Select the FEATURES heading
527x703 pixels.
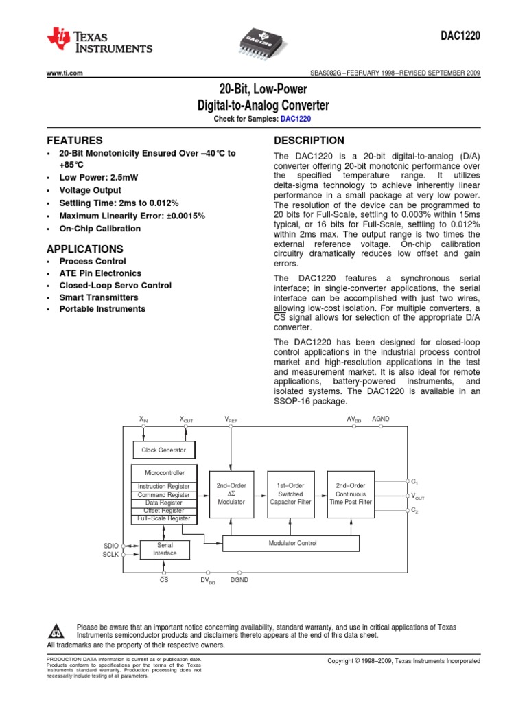click(x=74, y=140)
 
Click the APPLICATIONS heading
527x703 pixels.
click(x=84, y=249)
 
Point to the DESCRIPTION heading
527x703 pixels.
click(x=309, y=140)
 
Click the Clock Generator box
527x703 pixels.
click(x=163, y=450)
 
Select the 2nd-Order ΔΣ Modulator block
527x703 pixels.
click(x=231, y=494)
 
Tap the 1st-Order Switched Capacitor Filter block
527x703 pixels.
click(x=290, y=494)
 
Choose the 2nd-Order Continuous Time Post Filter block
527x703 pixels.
click(x=350, y=494)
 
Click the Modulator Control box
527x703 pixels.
click(x=292, y=543)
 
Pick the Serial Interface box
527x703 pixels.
click(x=165, y=549)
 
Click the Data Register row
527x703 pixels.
click(x=163, y=503)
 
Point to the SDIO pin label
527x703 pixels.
click(x=110, y=546)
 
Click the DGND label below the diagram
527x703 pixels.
click(x=239, y=580)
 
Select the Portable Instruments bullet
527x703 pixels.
click(x=102, y=309)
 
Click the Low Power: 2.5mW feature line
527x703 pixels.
click(x=98, y=177)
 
